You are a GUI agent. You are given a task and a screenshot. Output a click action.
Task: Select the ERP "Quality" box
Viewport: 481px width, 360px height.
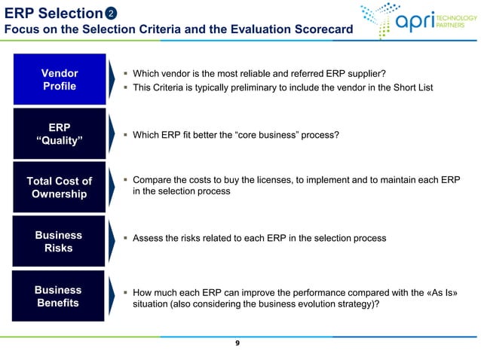click(59, 135)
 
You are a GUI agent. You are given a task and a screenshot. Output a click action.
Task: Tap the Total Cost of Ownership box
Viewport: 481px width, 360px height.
click(59, 188)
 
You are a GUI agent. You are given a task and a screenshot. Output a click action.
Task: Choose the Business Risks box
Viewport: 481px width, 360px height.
click(59, 242)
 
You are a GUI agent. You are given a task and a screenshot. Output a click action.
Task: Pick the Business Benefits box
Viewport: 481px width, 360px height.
click(59, 296)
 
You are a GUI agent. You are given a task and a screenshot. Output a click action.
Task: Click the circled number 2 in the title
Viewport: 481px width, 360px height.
click(112, 13)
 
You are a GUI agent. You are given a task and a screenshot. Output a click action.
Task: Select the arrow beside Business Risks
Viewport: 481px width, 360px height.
click(112, 242)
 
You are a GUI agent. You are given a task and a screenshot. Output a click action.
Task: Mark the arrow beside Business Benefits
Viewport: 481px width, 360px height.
click(112, 296)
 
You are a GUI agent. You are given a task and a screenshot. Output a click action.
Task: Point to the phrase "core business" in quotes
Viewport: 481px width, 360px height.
click(263, 135)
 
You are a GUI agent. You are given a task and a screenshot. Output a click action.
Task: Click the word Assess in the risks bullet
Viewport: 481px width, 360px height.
click(149, 238)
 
